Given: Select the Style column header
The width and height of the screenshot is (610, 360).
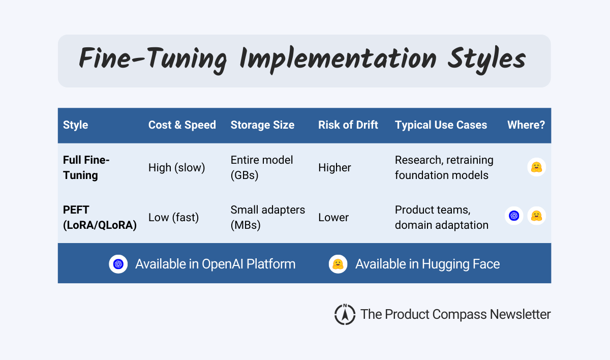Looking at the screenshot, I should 75,125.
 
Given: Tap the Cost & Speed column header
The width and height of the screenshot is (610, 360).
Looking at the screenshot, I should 182,125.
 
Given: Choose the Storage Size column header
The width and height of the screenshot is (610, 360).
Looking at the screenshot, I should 262,125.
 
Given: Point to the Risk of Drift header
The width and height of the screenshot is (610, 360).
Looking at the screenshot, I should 348,125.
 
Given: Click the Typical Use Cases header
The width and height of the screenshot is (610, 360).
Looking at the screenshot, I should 441,125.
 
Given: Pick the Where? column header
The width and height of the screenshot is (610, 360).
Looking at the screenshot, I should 526,125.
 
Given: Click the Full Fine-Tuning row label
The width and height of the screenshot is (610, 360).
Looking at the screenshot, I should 86,167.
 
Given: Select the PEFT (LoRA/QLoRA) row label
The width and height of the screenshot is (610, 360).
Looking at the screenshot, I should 100,217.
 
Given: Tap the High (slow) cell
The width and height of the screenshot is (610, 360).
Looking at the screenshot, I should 176,167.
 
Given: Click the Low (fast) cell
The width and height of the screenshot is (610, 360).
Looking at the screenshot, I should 173,217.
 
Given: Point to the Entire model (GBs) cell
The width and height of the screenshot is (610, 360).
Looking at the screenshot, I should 262,167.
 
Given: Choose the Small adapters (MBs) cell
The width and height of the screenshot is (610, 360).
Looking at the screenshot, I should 268,217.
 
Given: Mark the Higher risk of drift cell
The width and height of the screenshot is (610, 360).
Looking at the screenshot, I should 334,167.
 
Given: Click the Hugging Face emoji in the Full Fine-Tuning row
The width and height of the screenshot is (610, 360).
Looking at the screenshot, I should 536,167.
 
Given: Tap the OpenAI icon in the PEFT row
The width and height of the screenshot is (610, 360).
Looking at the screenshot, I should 514,216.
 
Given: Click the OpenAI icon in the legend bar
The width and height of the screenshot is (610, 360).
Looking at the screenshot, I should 118,264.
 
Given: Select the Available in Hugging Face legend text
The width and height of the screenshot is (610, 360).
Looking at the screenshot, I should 427,264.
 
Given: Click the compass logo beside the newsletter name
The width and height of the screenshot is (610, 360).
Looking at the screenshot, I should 345,314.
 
